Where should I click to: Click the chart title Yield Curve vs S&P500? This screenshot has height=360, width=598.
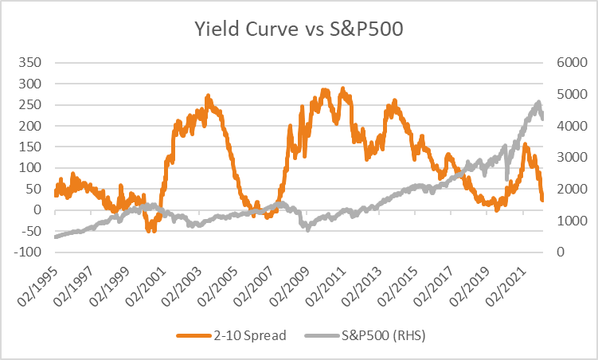(x=299, y=29)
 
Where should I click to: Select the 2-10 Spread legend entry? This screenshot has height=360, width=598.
(x=231, y=335)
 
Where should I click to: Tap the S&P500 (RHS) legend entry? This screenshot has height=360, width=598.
(x=365, y=335)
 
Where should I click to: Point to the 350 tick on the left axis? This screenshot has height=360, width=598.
(x=29, y=63)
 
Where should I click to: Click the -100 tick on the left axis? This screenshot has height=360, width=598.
(x=27, y=252)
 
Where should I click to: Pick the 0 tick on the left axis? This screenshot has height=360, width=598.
(x=37, y=209)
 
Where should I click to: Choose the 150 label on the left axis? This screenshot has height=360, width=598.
(x=29, y=147)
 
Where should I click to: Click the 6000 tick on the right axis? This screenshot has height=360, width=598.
(x=572, y=63)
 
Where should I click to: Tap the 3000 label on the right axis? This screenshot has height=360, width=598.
(x=572, y=157)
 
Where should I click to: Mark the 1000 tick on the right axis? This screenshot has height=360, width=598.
(x=572, y=221)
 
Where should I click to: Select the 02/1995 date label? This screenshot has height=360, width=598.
(x=38, y=286)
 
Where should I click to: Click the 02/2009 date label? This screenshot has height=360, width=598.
(x=289, y=286)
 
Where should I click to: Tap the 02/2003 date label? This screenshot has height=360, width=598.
(x=182, y=286)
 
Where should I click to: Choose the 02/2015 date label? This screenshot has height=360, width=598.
(x=397, y=286)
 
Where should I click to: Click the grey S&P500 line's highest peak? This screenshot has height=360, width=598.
(x=538, y=102)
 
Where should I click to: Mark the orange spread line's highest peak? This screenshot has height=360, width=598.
(x=342, y=89)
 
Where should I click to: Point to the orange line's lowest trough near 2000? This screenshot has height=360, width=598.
(x=148, y=231)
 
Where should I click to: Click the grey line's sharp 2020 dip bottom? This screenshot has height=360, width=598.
(x=507, y=179)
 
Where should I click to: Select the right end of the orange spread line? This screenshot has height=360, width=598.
(x=542, y=199)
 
